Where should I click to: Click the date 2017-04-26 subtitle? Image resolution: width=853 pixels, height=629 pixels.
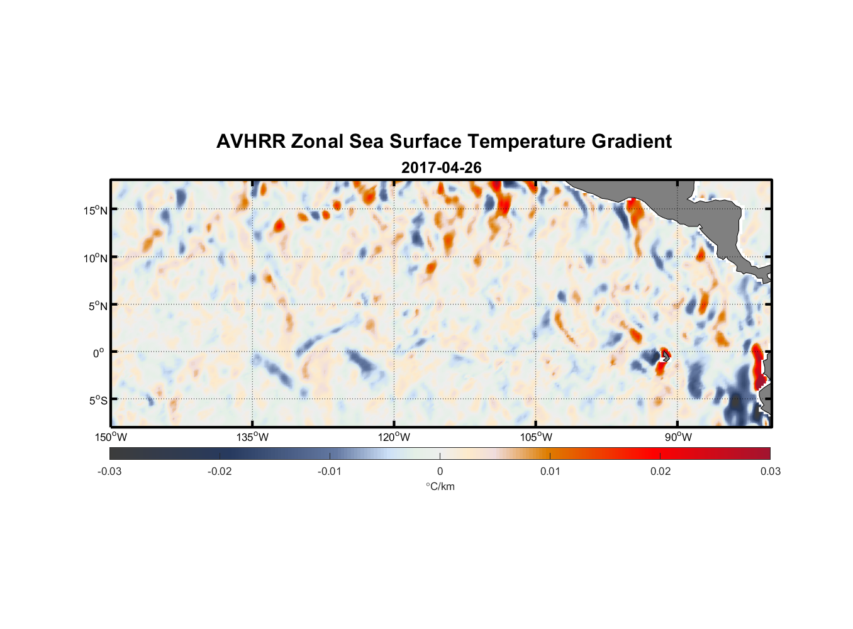pos(441,168)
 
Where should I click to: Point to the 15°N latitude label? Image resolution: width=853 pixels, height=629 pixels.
pos(96,210)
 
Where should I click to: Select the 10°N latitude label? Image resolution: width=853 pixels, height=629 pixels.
pos(96,258)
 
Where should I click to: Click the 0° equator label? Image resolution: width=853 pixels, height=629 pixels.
pos(99,353)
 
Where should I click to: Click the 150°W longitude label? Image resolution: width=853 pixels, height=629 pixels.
pos(111,437)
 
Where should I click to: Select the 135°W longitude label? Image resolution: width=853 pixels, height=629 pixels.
pos(252,437)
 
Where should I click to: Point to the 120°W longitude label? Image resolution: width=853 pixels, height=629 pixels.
pos(394,437)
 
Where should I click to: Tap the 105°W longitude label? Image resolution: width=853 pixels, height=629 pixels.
pos(536,437)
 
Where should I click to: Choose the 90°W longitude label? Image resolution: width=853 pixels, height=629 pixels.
pos(678,437)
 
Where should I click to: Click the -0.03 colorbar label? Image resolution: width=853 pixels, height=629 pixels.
pos(109,471)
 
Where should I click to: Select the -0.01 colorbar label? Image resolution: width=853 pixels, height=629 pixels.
pos(330,471)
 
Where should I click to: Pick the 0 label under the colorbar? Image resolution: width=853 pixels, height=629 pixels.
pos(440,471)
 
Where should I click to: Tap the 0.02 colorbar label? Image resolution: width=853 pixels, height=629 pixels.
pos(661,471)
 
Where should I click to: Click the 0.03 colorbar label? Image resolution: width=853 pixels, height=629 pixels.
pos(770,471)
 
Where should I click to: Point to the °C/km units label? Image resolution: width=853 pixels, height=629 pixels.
pos(440,486)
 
